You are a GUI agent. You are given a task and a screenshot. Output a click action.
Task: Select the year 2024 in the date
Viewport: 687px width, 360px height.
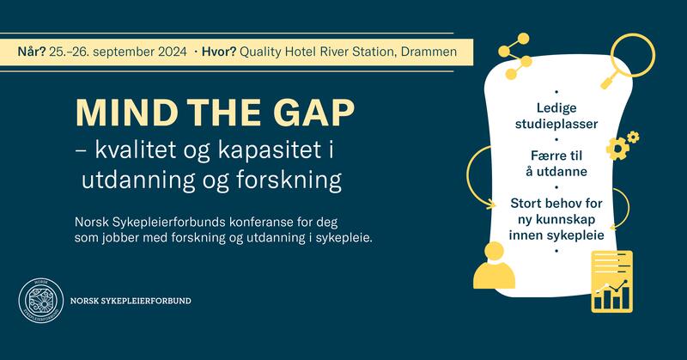click(170, 51)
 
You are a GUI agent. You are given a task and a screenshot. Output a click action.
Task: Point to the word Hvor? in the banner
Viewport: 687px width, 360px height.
click(220, 51)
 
